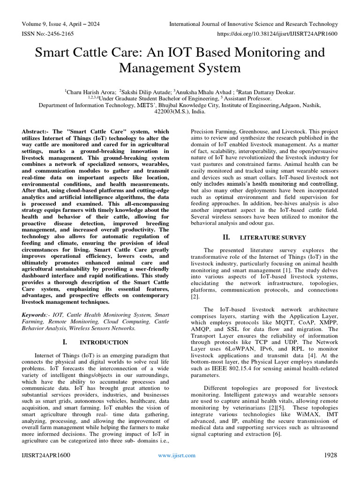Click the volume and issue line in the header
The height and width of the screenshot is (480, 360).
pos(60,24)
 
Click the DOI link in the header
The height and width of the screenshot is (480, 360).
pos(277,34)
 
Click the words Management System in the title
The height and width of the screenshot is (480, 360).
pos(180,68)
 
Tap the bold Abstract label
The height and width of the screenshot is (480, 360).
pos(36,132)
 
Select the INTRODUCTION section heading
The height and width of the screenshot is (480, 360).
pos(104,342)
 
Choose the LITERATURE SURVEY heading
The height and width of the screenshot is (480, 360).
pos(273,238)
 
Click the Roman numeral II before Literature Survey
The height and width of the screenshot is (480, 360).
pos(226,237)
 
